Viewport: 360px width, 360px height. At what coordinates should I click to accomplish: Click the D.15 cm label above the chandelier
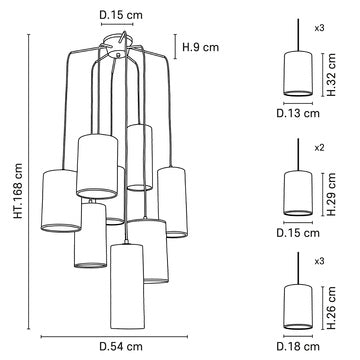click(120, 13)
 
